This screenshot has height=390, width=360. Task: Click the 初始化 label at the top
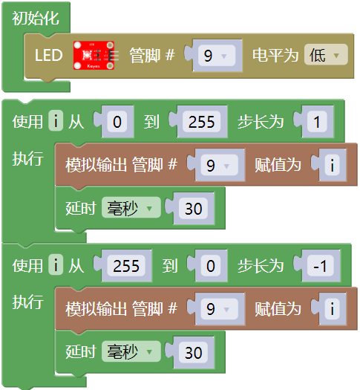(x=36, y=18)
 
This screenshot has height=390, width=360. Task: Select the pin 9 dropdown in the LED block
(x=217, y=56)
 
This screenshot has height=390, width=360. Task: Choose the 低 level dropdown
(x=326, y=54)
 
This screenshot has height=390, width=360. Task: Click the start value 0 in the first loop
(x=117, y=122)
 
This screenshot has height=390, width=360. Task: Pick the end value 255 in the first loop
(x=201, y=122)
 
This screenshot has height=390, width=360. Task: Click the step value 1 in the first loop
(x=317, y=122)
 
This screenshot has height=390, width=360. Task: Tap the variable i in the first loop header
(x=56, y=120)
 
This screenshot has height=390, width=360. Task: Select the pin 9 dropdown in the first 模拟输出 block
(x=220, y=165)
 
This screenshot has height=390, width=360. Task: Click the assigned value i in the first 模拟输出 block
(x=333, y=165)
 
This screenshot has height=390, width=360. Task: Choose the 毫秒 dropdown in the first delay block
(x=131, y=207)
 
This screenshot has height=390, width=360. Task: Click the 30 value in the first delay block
(x=193, y=209)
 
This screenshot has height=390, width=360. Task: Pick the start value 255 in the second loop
(x=126, y=266)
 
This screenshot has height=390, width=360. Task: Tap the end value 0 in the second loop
(x=211, y=266)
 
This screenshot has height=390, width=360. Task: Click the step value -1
(x=321, y=266)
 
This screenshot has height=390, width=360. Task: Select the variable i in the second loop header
(x=56, y=264)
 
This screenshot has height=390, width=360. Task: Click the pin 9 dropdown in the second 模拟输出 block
(x=220, y=309)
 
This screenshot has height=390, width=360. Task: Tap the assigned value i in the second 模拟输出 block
(x=333, y=309)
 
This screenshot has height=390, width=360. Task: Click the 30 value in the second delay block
(x=193, y=352)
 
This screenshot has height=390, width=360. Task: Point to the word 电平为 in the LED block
(x=275, y=55)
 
